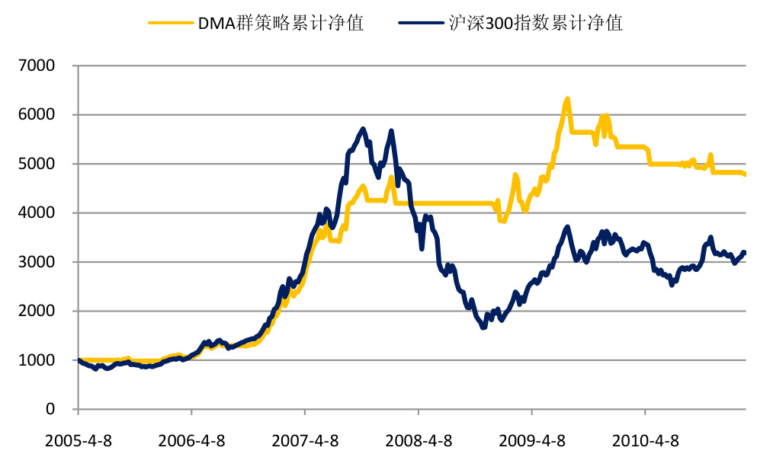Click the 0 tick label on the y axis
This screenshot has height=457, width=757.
pyautogui.click(x=51, y=409)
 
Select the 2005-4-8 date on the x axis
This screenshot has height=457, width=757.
pyautogui.click(x=78, y=440)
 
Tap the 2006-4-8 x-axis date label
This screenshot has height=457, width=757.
pyautogui.click(x=191, y=440)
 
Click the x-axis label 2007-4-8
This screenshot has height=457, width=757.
pyautogui.click(x=305, y=440)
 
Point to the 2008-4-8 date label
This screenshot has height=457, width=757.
pyautogui.click(x=418, y=440)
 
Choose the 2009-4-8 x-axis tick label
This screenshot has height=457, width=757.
pyautogui.click(x=531, y=440)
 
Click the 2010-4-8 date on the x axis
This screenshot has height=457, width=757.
pyautogui.click(x=645, y=440)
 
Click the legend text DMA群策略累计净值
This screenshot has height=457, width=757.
pyautogui.click(x=281, y=23)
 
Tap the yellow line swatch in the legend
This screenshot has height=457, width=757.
pyautogui.click(x=170, y=23)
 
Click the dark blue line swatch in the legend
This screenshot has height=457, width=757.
pyautogui.click(x=421, y=23)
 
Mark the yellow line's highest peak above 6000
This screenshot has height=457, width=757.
pyautogui.click(x=567, y=99)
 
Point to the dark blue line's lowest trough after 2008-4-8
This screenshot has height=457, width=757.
pyautogui.click(x=483, y=328)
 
